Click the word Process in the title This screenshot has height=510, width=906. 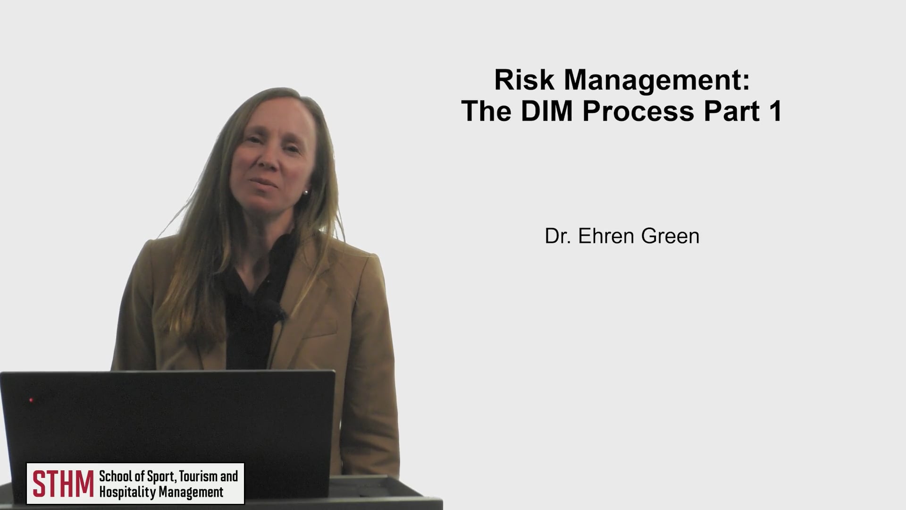pos(639,112)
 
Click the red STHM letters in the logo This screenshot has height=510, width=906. pos(63,484)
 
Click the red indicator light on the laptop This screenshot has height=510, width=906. pos(31,400)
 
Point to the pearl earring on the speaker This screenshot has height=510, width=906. pos(306,192)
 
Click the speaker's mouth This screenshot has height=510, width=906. pos(265,183)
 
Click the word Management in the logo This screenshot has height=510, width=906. pos(191,493)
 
